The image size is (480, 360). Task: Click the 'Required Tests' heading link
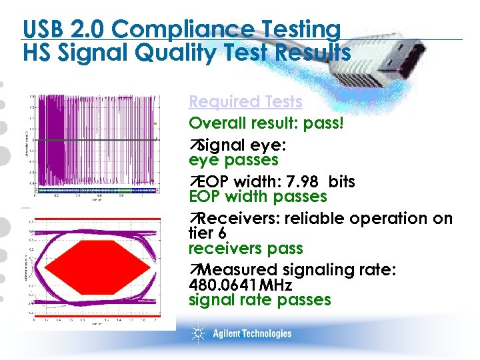[x=245, y=102]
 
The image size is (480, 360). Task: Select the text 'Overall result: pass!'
[x=266, y=123]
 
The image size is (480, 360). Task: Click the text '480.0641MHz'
[x=240, y=285]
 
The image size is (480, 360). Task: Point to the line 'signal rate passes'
[x=259, y=300]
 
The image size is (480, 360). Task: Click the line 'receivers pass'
[x=245, y=249]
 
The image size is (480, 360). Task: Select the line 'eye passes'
[x=233, y=161]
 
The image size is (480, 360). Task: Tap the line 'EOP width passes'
[x=257, y=197]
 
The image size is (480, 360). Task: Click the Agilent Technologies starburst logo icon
[x=199, y=333]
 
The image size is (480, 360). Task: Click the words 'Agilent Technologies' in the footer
[x=252, y=333]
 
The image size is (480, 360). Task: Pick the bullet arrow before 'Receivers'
[x=194, y=219]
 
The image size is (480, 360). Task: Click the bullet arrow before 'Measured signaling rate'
[x=194, y=271]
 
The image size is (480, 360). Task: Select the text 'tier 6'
[x=207, y=234]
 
